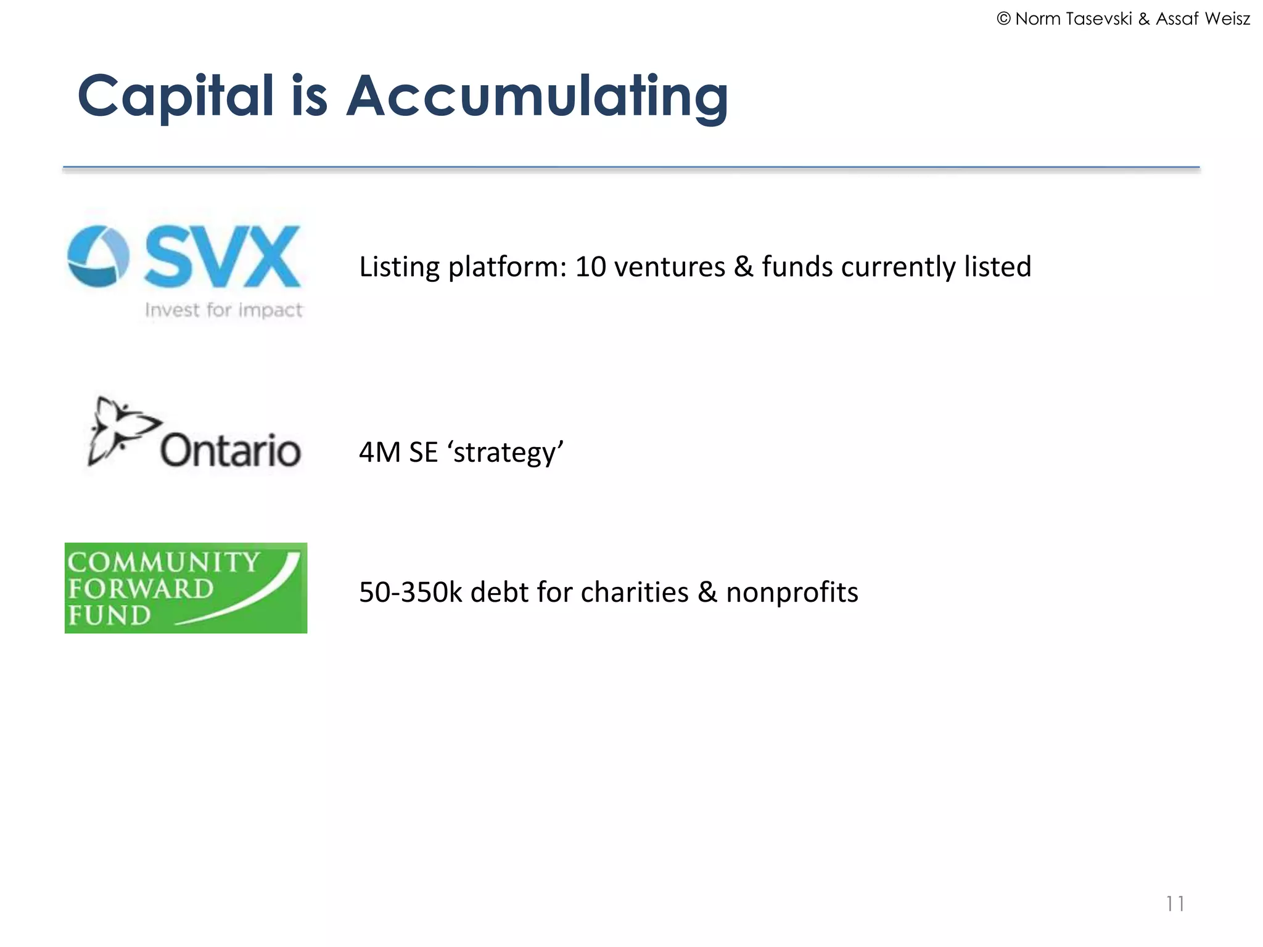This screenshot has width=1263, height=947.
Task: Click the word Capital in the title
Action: click(176, 96)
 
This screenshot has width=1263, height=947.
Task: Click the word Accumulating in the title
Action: click(537, 96)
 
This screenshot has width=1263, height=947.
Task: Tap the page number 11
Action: click(1175, 904)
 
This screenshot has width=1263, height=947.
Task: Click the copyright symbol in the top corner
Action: click(1003, 19)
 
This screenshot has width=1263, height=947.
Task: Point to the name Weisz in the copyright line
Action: click(1227, 19)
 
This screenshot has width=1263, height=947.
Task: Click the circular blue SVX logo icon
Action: click(98, 256)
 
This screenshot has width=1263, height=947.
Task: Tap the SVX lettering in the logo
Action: click(223, 256)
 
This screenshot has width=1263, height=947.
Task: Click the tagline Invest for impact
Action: click(223, 310)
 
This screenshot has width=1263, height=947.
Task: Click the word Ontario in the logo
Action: click(230, 450)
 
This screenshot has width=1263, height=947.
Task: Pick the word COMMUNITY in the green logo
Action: click(163, 562)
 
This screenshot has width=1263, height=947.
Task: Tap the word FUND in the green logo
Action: click(109, 615)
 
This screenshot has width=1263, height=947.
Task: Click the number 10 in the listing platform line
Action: click(590, 267)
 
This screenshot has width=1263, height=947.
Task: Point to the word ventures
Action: click(669, 267)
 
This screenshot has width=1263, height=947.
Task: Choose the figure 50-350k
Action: click(410, 592)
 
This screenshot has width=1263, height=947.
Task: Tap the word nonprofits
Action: click(792, 592)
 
